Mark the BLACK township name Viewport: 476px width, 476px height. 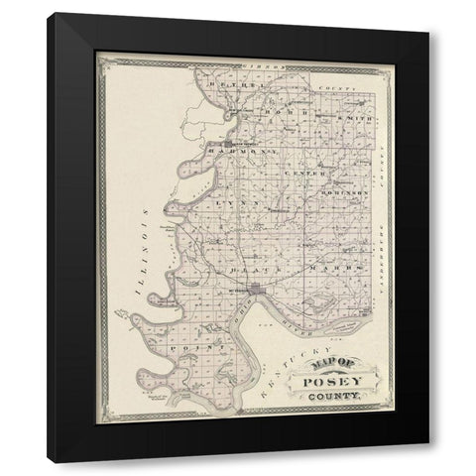point(243,269)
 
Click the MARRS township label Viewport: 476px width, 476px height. point(326,268)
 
